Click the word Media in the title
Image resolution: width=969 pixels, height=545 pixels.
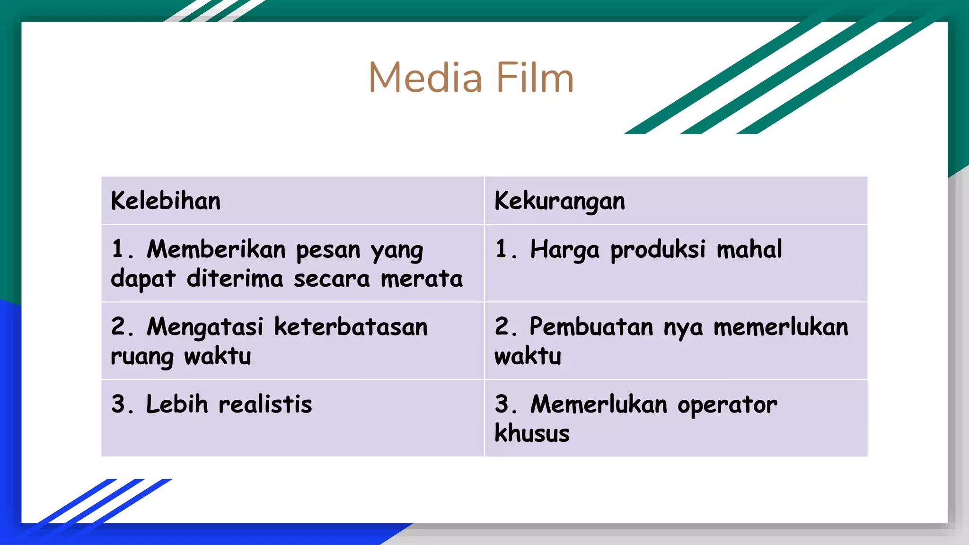point(425,78)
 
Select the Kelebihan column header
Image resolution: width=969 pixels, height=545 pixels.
point(166,201)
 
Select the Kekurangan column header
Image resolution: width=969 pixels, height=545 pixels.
point(560,201)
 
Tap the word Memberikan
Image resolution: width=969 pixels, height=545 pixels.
point(216,249)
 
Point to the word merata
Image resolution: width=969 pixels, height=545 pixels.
point(422,279)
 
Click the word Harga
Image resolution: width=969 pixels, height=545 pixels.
point(564,250)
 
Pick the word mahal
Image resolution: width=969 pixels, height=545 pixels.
point(749,249)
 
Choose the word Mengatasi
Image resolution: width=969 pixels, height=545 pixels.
point(205,327)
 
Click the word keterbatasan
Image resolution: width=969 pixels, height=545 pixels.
point(351,327)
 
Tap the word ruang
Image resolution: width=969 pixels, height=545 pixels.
point(142,357)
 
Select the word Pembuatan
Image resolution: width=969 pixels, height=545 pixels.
point(591,327)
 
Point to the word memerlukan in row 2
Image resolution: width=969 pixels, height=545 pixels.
point(781,327)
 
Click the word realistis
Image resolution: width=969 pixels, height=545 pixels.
point(265,404)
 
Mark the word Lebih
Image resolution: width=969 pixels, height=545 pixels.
point(177,404)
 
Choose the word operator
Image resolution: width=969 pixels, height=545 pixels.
point(727,405)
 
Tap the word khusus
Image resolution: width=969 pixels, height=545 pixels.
point(532,433)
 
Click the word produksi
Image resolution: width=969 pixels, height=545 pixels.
point(658,250)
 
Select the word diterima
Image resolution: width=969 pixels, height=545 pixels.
point(235,279)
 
